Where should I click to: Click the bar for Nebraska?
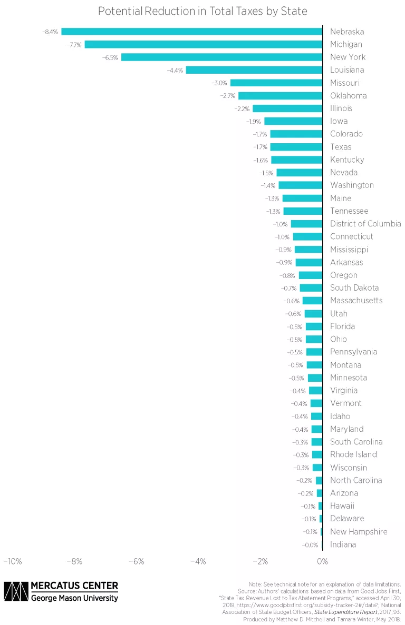click(x=191, y=32)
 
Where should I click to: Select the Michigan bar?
click(x=203, y=44)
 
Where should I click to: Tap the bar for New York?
click(x=221, y=57)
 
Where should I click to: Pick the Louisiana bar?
click(x=254, y=70)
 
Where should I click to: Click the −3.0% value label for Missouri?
click(x=219, y=83)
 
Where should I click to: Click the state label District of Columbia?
click(x=365, y=224)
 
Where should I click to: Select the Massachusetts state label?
click(x=356, y=301)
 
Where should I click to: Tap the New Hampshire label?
click(x=359, y=532)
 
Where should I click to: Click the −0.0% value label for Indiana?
click(x=310, y=545)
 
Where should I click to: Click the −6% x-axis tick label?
click(x=136, y=561)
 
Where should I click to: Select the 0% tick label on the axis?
click(x=322, y=561)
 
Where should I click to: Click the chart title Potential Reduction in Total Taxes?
click(x=202, y=11)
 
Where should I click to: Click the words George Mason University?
click(x=74, y=598)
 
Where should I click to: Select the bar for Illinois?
click(x=287, y=108)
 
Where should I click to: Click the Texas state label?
click(x=341, y=147)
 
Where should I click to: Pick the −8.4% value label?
click(x=50, y=32)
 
